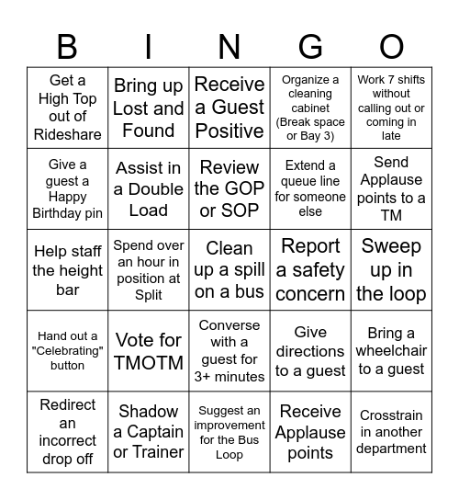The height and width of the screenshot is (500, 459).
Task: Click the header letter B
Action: coord(67,46)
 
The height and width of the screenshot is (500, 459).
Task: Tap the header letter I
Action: coord(149,46)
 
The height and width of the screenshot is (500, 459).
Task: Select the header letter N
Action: coord(229,46)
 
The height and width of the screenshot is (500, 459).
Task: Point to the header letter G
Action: coord(310,46)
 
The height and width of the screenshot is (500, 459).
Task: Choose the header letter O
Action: coord(391,46)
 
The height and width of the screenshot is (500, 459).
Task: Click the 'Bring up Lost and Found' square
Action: coord(149,108)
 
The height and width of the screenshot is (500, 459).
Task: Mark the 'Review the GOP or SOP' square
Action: coord(229,189)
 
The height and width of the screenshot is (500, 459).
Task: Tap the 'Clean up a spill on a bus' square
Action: coord(229,270)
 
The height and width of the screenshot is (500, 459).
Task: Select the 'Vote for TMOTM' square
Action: coord(149,351)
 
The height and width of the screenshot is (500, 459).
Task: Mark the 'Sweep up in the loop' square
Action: coord(391,270)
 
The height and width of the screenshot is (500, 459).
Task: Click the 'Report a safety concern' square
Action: coord(310,270)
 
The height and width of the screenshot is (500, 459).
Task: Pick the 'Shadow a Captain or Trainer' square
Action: coord(149,432)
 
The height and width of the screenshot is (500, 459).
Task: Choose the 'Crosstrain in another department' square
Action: coord(391,432)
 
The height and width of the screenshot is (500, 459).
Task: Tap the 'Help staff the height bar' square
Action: coord(68,270)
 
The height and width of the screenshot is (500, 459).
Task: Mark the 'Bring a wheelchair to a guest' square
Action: coord(391,351)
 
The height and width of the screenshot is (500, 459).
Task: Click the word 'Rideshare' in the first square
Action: coord(68,135)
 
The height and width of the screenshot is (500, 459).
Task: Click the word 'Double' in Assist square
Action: coord(149,189)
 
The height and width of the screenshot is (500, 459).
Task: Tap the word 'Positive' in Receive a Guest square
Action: coord(229,131)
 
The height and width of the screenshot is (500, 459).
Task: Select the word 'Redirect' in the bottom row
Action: coord(68,404)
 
